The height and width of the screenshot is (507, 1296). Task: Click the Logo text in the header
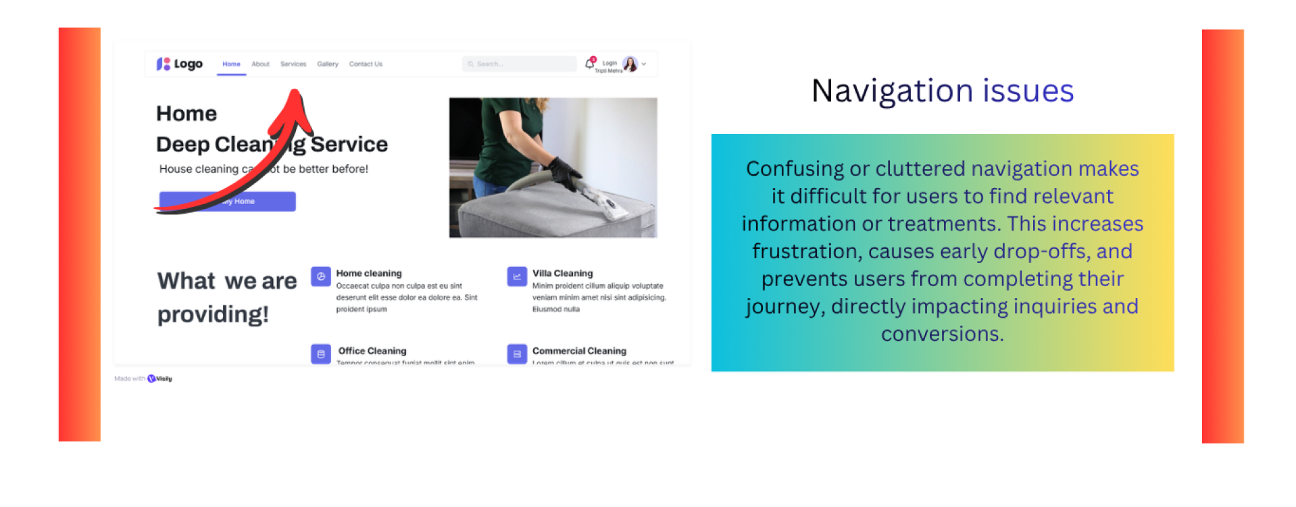coord(188,64)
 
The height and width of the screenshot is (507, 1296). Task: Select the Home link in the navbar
coord(231,64)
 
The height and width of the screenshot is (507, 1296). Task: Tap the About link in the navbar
coord(260,64)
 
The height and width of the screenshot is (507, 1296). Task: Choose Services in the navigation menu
coord(293,64)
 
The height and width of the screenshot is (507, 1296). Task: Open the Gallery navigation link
coord(328,64)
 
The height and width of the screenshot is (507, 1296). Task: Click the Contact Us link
coord(366,64)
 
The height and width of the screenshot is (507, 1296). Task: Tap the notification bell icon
coord(589,64)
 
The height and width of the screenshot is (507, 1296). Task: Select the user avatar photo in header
coord(630,64)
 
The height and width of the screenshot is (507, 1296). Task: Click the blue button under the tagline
coord(227,201)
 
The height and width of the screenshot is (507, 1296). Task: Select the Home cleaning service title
coord(369,273)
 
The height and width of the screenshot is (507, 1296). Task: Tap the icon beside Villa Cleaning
coord(517,276)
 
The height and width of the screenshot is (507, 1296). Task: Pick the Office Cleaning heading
coord(372,351)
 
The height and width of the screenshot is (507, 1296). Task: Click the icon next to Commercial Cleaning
coord(517,354)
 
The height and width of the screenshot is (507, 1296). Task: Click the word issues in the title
coord(1028,91)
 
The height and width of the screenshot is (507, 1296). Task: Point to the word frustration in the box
coord(807,251)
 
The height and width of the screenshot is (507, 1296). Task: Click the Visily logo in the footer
coord(160,379)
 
